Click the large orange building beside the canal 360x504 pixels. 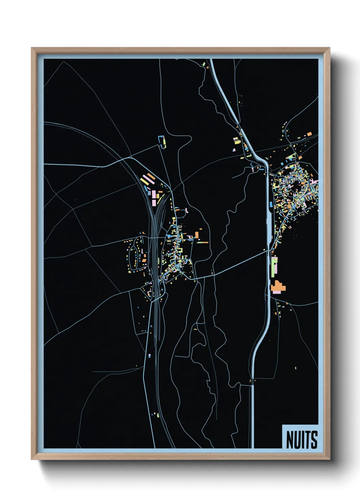pyautogui.click(x=278, y=286)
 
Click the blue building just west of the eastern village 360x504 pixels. pyautogui.click(x=271, y=205)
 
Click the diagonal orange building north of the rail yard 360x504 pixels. pyautogui.click(x=151, y=176)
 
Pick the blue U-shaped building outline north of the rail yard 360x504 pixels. pyautogui.click(x=161, y=142)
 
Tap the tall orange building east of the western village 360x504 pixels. pyautogui.click(x=196, y=235)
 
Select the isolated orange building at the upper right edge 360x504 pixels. pyautogui.click(x=309, y=134)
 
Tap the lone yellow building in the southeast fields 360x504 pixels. pyautogui.click(x=295, y=368)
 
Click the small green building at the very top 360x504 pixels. pyautogui.click(x=203, y=64)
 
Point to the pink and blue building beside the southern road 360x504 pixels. pyautogui.click(x=149, y=356)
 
